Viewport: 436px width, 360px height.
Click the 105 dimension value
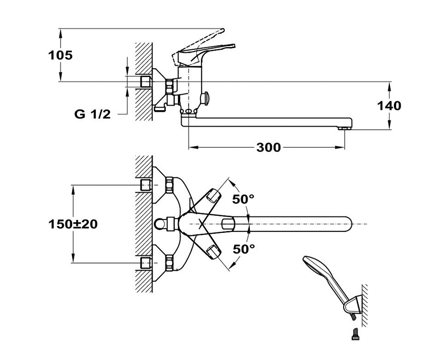pos(61,55)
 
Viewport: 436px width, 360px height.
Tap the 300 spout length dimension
pos(268,148)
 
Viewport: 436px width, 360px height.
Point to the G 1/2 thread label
pos(92,114)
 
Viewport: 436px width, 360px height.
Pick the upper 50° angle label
pos(244,198)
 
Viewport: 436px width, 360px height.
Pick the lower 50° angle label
pos(244,249)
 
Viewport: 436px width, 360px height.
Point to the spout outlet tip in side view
pos(345,126)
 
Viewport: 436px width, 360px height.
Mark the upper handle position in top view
pos(213,196)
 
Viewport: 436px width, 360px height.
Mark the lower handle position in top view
pos(213,252)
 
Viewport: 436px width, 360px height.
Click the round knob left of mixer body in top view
pos(161,224)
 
